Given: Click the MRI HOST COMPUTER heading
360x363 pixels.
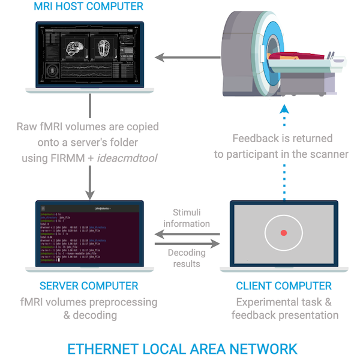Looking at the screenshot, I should [x=89, y=7].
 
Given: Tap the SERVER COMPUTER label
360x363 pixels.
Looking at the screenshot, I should [x=89, y=286].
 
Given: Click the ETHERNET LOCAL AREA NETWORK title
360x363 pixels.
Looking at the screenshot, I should [x=182, y=349].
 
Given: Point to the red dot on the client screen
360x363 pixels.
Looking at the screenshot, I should [x=284, y=232].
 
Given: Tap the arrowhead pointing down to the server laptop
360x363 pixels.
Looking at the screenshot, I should [x=89, y=194].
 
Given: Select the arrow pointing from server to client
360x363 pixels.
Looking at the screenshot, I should [x=187, y=242].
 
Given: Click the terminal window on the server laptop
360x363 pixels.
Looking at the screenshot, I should [x=89, y=234].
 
